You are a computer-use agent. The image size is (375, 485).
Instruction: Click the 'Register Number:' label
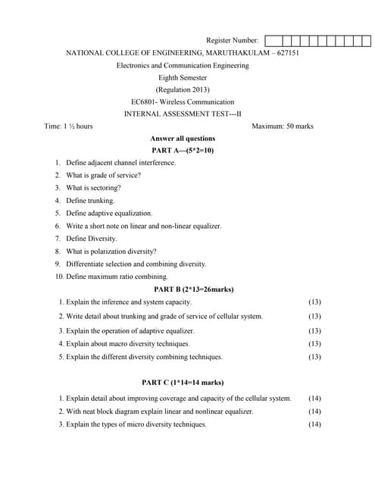point(232,40)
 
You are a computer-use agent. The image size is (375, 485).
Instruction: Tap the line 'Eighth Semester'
point(183,77)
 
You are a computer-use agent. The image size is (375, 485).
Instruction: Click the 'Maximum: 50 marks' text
point(282,126)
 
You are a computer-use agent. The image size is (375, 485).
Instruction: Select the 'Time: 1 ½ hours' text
point(69,126)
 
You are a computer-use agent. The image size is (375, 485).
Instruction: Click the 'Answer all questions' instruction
point(183,139)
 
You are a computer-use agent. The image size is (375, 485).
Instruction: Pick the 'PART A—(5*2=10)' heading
point(183,151)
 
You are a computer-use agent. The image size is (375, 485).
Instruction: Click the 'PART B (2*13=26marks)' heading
point(193,289)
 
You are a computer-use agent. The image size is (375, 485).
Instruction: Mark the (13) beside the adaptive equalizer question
point(314,331)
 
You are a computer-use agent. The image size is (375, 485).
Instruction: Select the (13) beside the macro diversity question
point(314,344)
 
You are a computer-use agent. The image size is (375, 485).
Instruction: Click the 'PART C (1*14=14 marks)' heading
point(183,383)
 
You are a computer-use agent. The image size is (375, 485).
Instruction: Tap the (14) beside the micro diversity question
point(314,424)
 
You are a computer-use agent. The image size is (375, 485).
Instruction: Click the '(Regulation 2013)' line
point(183,89)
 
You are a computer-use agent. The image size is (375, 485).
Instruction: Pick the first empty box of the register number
point(271,41)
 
